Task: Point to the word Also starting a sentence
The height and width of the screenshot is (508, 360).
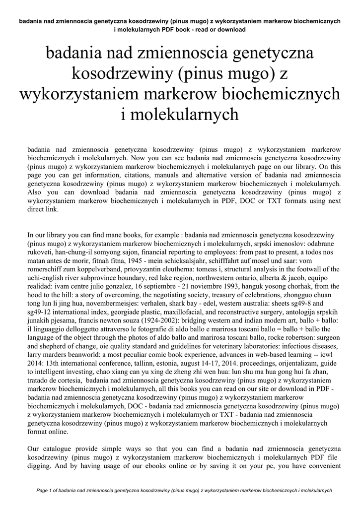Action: [x=36, y=192]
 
